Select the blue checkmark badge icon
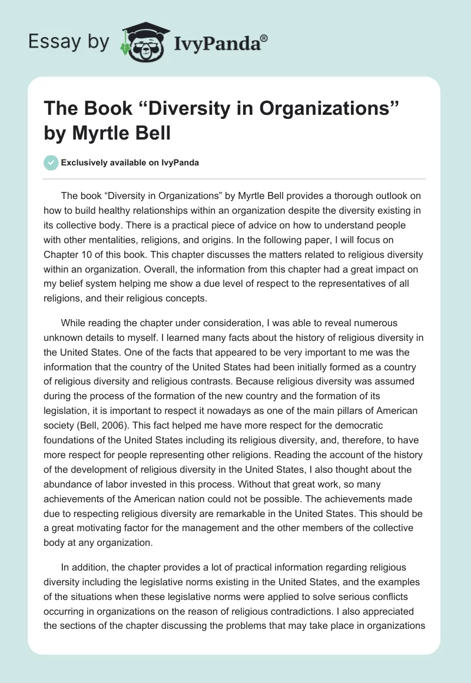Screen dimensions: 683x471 (52, 163)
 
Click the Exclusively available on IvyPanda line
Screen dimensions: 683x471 (130, 163)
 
